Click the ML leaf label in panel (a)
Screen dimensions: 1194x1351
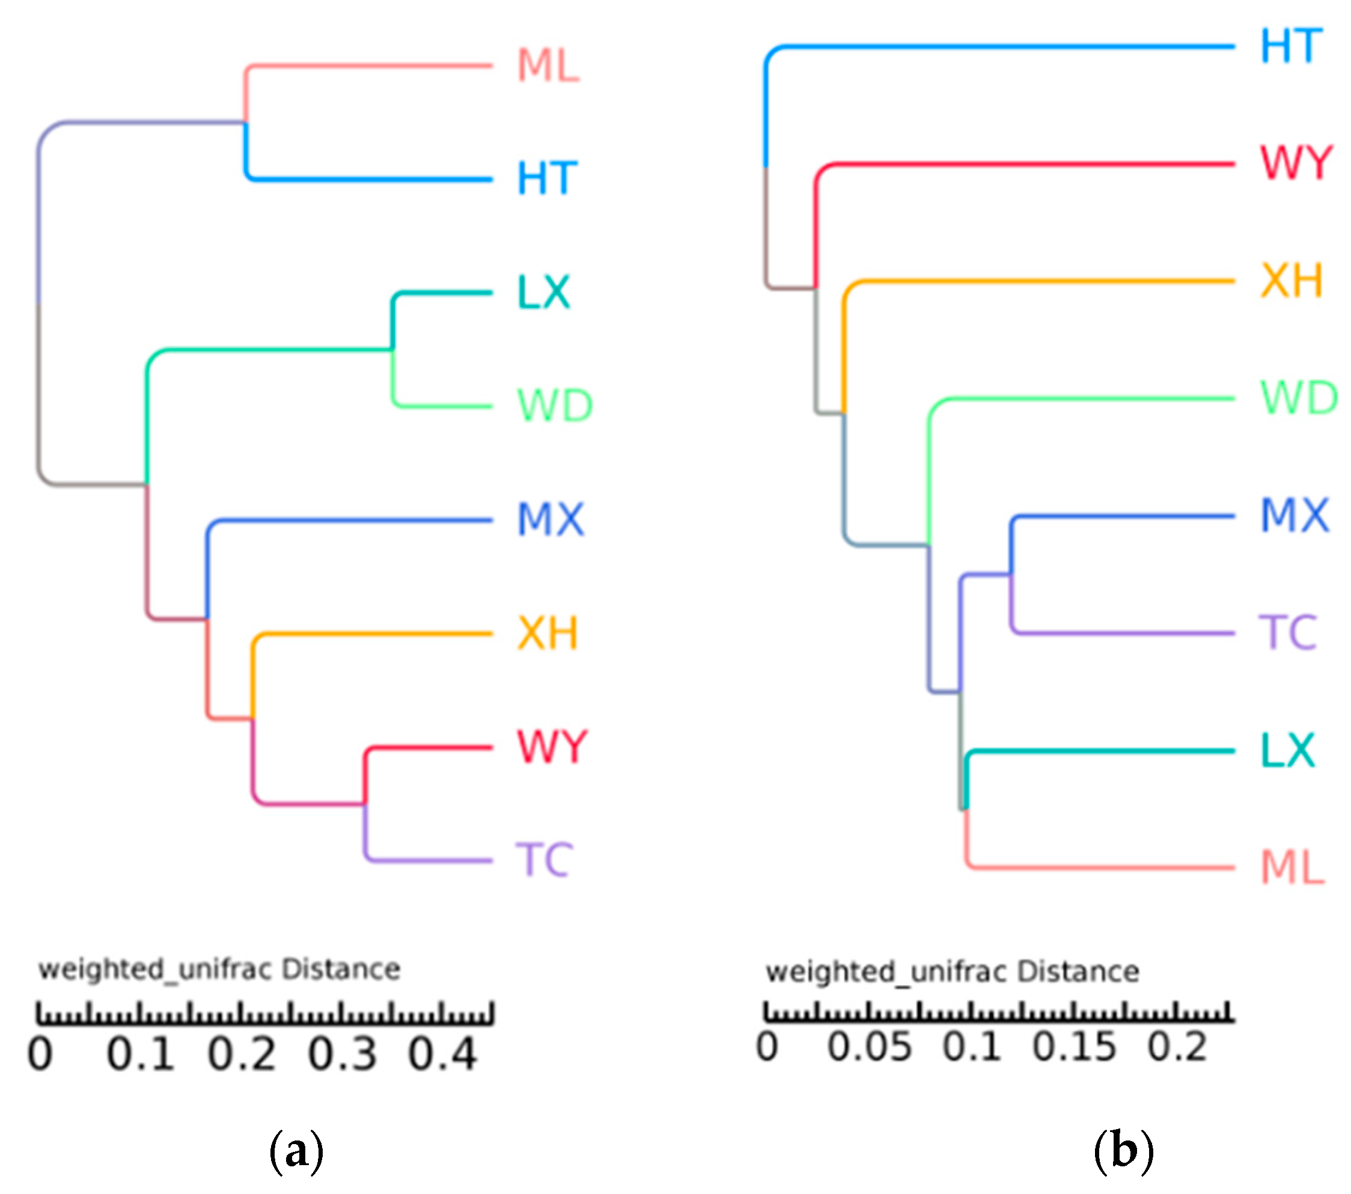pyautogui.click(x=548, y=66)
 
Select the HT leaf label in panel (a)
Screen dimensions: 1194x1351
pyautogui.click(x=547, y=179)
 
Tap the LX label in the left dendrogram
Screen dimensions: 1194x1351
pyautogui.click(x=543, y=292)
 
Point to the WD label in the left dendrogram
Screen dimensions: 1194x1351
pyautogui.click(x=555, y=405)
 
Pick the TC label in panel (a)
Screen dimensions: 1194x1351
pyautogui.click(x=544, y=860)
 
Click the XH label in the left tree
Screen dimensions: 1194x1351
pyautogui.click(x=547, y=633)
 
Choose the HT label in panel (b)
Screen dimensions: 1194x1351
pyautogui.click(x=1292, y=46)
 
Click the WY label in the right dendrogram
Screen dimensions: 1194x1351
pyautogui.click(x=1296, y=163)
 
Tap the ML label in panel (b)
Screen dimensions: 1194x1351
pyautogui.click(x=1293, y=867)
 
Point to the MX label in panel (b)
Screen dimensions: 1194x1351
pyautogui.click(x=1294, y=516)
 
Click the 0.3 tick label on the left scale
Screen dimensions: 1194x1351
pyautogui.click(x=342, y=1054)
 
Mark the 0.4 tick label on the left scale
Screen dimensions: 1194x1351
pyautogui.click(x=442, y=1054)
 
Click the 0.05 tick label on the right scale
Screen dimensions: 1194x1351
pyautogui.click(x=869, y=1047)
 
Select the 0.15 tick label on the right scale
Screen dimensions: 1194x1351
pyautogui.click(x=1074, y=1047)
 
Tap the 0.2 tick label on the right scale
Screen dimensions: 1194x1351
pyautogui.click(x=1177, y=1047)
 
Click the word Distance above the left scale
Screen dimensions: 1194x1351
pyautogui.click(x=341, y=969)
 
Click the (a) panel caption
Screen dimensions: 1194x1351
pyautogui.click(x=297, y=1150)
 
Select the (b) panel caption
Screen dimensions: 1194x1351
pyautogui.click(x=1124, y=1150)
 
